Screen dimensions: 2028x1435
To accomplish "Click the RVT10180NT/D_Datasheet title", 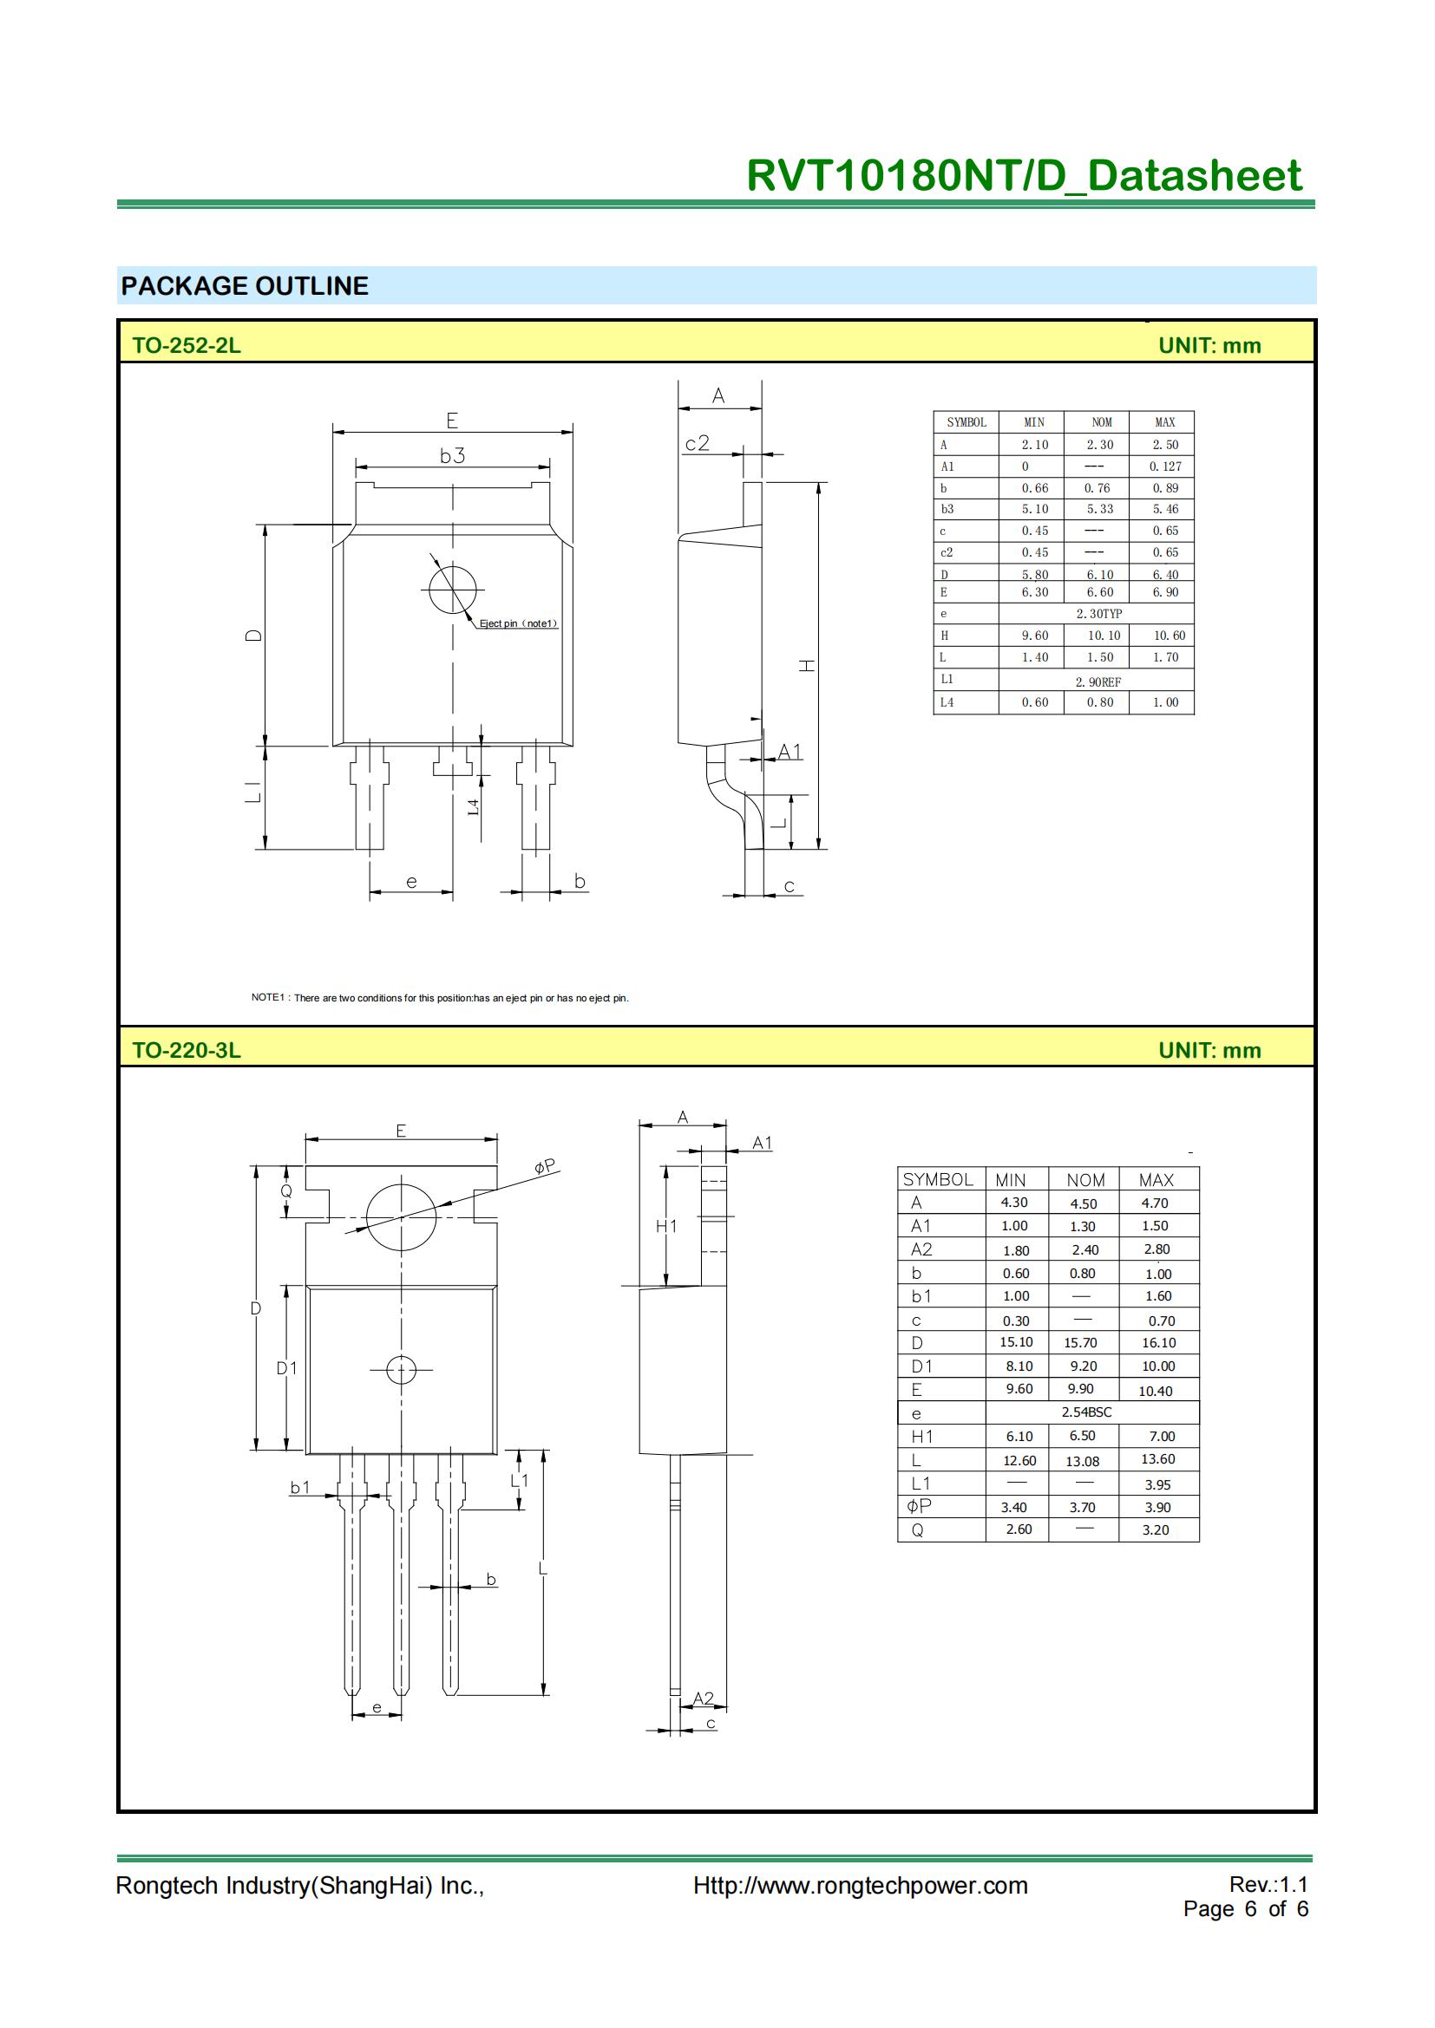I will coord(1022,176).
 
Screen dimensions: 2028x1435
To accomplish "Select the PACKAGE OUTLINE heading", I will coord(245,286).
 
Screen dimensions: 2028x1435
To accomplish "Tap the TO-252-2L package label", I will coord(187,345).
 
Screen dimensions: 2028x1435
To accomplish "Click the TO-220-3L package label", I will coord(187,1050).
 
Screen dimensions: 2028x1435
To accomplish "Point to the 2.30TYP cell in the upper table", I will coord(1098,614).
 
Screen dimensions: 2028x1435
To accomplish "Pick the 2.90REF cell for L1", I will coord(1098,681).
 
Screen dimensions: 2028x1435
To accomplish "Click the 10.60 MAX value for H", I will coord(1169,636).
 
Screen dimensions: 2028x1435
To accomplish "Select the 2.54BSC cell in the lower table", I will coord(1086,1412).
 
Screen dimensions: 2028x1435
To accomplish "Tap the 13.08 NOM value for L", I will coord(1082,1462).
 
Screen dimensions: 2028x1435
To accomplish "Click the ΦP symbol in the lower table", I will coord(919,1506).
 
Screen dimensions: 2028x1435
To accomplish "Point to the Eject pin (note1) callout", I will coord(519,623).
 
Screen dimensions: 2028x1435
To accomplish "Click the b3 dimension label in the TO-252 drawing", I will coord(452,456).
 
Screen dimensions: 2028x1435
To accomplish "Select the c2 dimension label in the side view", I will coord(698,443).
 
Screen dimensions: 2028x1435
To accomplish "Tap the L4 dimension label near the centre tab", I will coord(474,806).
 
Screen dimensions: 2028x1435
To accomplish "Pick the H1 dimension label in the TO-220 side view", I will coord(666,1226).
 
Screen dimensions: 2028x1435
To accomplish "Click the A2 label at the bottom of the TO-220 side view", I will coord(703,1699).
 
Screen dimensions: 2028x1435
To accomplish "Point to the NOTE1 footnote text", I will coord(440,998).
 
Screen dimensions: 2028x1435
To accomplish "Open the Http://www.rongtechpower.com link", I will coord(860,1886).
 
